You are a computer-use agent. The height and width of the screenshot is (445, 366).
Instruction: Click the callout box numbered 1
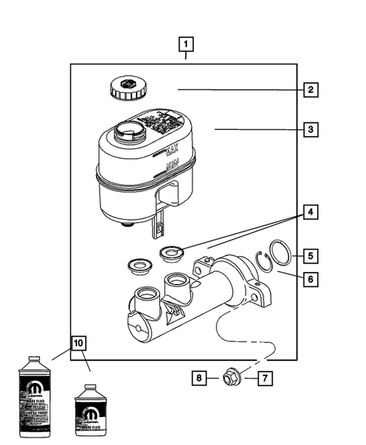pos(186,43)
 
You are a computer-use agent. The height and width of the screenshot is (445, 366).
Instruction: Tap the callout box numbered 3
pos(309,130)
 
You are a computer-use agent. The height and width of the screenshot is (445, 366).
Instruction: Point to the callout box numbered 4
pos(309,212)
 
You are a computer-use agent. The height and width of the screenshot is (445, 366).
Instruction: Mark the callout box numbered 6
pos(309,278)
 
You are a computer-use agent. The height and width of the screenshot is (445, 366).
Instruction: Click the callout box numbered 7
pos(265,375)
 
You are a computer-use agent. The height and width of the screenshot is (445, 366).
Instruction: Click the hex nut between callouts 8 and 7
pos(230,376)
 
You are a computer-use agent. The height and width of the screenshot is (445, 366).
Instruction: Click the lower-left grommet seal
pos(138,265)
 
